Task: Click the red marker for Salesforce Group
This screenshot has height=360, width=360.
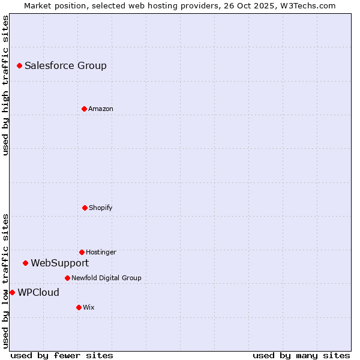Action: (19, 65)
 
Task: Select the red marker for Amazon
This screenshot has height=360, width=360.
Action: (84, 109)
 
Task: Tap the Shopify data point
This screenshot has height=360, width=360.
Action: (85, 208)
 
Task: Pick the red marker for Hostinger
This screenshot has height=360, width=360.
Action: (82, 252)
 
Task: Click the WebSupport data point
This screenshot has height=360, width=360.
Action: (25, 263)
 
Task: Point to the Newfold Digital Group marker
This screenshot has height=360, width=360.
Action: (67, 278)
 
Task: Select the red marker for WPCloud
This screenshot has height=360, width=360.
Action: (12, 292)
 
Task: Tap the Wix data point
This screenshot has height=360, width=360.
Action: (79, 307)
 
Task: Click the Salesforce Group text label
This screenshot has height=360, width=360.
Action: (65, 65)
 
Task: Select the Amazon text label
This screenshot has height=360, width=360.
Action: (100, 109)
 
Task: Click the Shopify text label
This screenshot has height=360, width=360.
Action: (100, 208)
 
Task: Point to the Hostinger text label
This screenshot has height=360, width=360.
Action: (101, 252)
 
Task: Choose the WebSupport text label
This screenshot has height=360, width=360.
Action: (59, 263)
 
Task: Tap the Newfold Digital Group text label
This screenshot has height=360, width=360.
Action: (106, 278)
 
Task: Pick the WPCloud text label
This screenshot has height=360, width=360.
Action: (38, 292)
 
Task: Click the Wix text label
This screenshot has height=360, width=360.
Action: (88, 307)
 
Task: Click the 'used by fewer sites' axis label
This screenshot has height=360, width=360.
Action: (62, 355)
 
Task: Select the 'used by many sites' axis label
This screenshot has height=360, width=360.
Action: (301, 355)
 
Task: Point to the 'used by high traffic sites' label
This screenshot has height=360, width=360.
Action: (5, 85)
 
